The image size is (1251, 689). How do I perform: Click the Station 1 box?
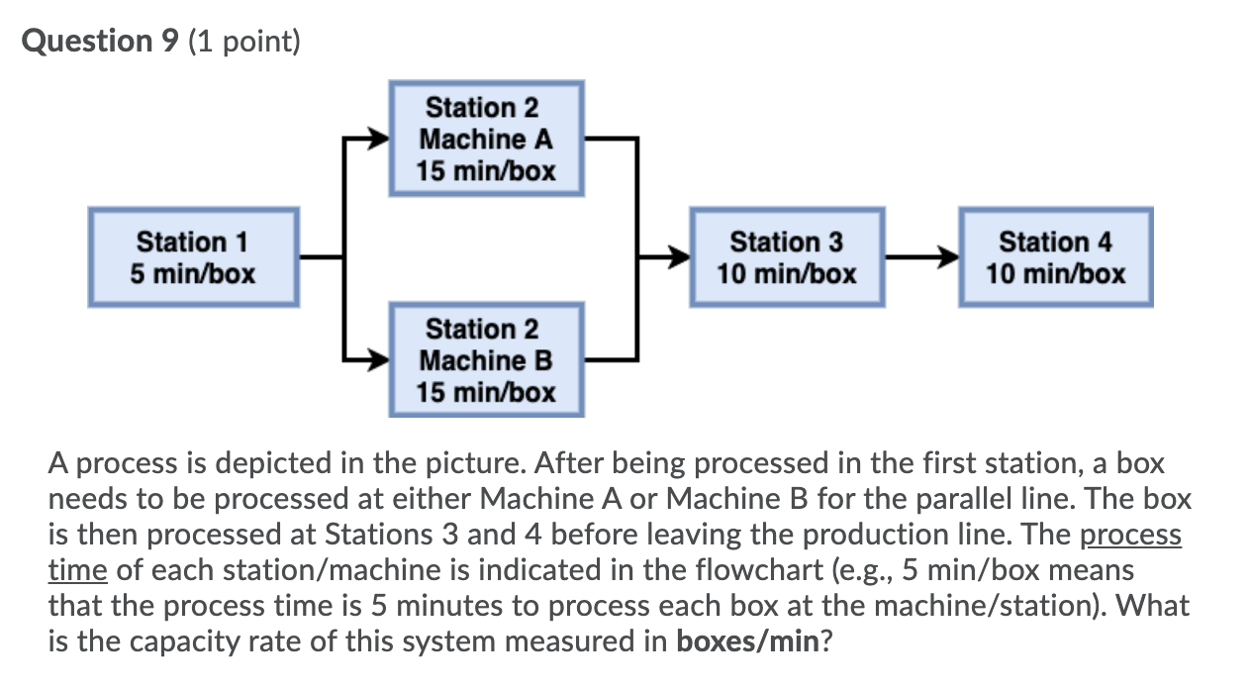point(193,257)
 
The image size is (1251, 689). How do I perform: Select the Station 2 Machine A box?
point(486,139)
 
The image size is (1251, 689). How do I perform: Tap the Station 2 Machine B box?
point(486,360)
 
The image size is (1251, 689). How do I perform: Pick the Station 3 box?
point(787,257)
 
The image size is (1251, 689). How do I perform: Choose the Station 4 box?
point(1055,257)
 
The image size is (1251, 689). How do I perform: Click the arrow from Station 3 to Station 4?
point(920,258)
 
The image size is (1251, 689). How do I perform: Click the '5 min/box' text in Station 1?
point(193,273)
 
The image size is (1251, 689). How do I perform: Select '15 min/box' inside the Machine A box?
point(486,170)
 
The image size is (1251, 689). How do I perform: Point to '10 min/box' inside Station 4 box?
point(1055,273)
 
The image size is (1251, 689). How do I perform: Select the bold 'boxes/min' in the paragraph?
point(747,640)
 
